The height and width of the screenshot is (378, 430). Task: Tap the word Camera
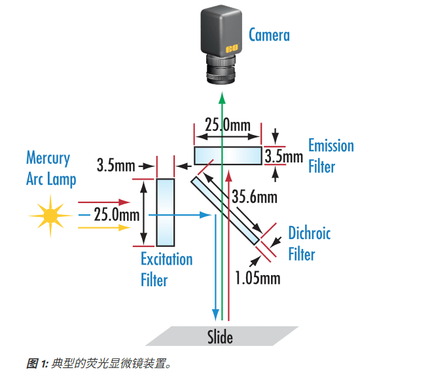(x=269, y=35)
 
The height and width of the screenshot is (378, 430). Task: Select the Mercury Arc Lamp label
(x=50, y=168)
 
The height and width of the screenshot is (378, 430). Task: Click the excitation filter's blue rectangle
(x=166, y=212)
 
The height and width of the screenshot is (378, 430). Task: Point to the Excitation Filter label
(x=167, y=269)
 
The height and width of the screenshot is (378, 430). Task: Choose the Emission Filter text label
(x=331, y=156)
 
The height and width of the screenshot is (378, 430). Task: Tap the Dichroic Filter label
(x=309, y=244)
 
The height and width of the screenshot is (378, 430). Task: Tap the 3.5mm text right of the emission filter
(x=283, y=157)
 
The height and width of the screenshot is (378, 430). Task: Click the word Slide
(x=220, y=337)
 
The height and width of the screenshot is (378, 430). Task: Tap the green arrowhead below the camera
(x=222, y=98)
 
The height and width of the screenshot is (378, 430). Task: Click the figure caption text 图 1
(x=37, y=364)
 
